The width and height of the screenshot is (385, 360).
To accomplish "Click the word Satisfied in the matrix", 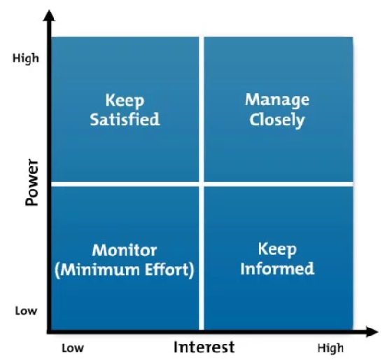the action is [x=125, y=120].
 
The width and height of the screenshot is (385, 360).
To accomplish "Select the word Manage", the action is [x=277, y=100].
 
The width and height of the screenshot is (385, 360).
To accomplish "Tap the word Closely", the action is [x=277, y=120].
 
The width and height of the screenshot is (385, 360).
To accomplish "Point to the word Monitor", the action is [x=125, y=250].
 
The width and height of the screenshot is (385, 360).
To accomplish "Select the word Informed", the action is [x=277, y=268].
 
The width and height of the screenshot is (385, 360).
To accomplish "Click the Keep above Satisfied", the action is [x=125, y=100].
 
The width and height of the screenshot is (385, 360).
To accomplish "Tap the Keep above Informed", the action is [x=277, y=249].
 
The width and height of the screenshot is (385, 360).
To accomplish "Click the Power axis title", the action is [x=32, y=182].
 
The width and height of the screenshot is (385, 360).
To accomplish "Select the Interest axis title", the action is [x=204, y=347].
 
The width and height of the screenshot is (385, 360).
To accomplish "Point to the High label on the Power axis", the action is [x=26, y=59].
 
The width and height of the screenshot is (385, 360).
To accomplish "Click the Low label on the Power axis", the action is [x=26, y=311].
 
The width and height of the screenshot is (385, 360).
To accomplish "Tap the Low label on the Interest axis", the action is [x=73, y=348].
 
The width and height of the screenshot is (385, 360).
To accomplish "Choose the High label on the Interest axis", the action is [x=330, y=349].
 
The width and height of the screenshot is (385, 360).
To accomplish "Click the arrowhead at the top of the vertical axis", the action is [x=50, y=15].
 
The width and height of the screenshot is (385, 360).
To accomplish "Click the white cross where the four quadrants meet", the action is [x=202, y=184].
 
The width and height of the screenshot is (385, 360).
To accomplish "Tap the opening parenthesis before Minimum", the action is [x=57, y=270].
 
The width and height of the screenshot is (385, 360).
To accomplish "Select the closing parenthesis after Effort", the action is [x=192, y=270].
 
